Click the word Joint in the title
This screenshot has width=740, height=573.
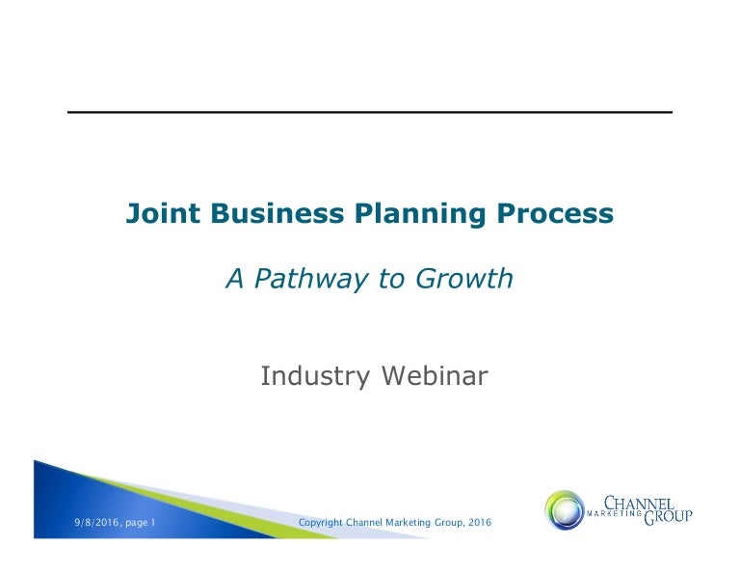point(157,214)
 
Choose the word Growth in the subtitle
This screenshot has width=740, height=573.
point(463,280)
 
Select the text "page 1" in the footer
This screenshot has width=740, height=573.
point(140,523)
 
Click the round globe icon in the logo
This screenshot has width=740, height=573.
point(565,510)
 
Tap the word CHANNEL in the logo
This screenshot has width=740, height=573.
point(639,502)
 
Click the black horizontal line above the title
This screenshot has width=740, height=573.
point(369,113)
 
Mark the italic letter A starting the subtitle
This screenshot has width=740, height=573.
point(233,280)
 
